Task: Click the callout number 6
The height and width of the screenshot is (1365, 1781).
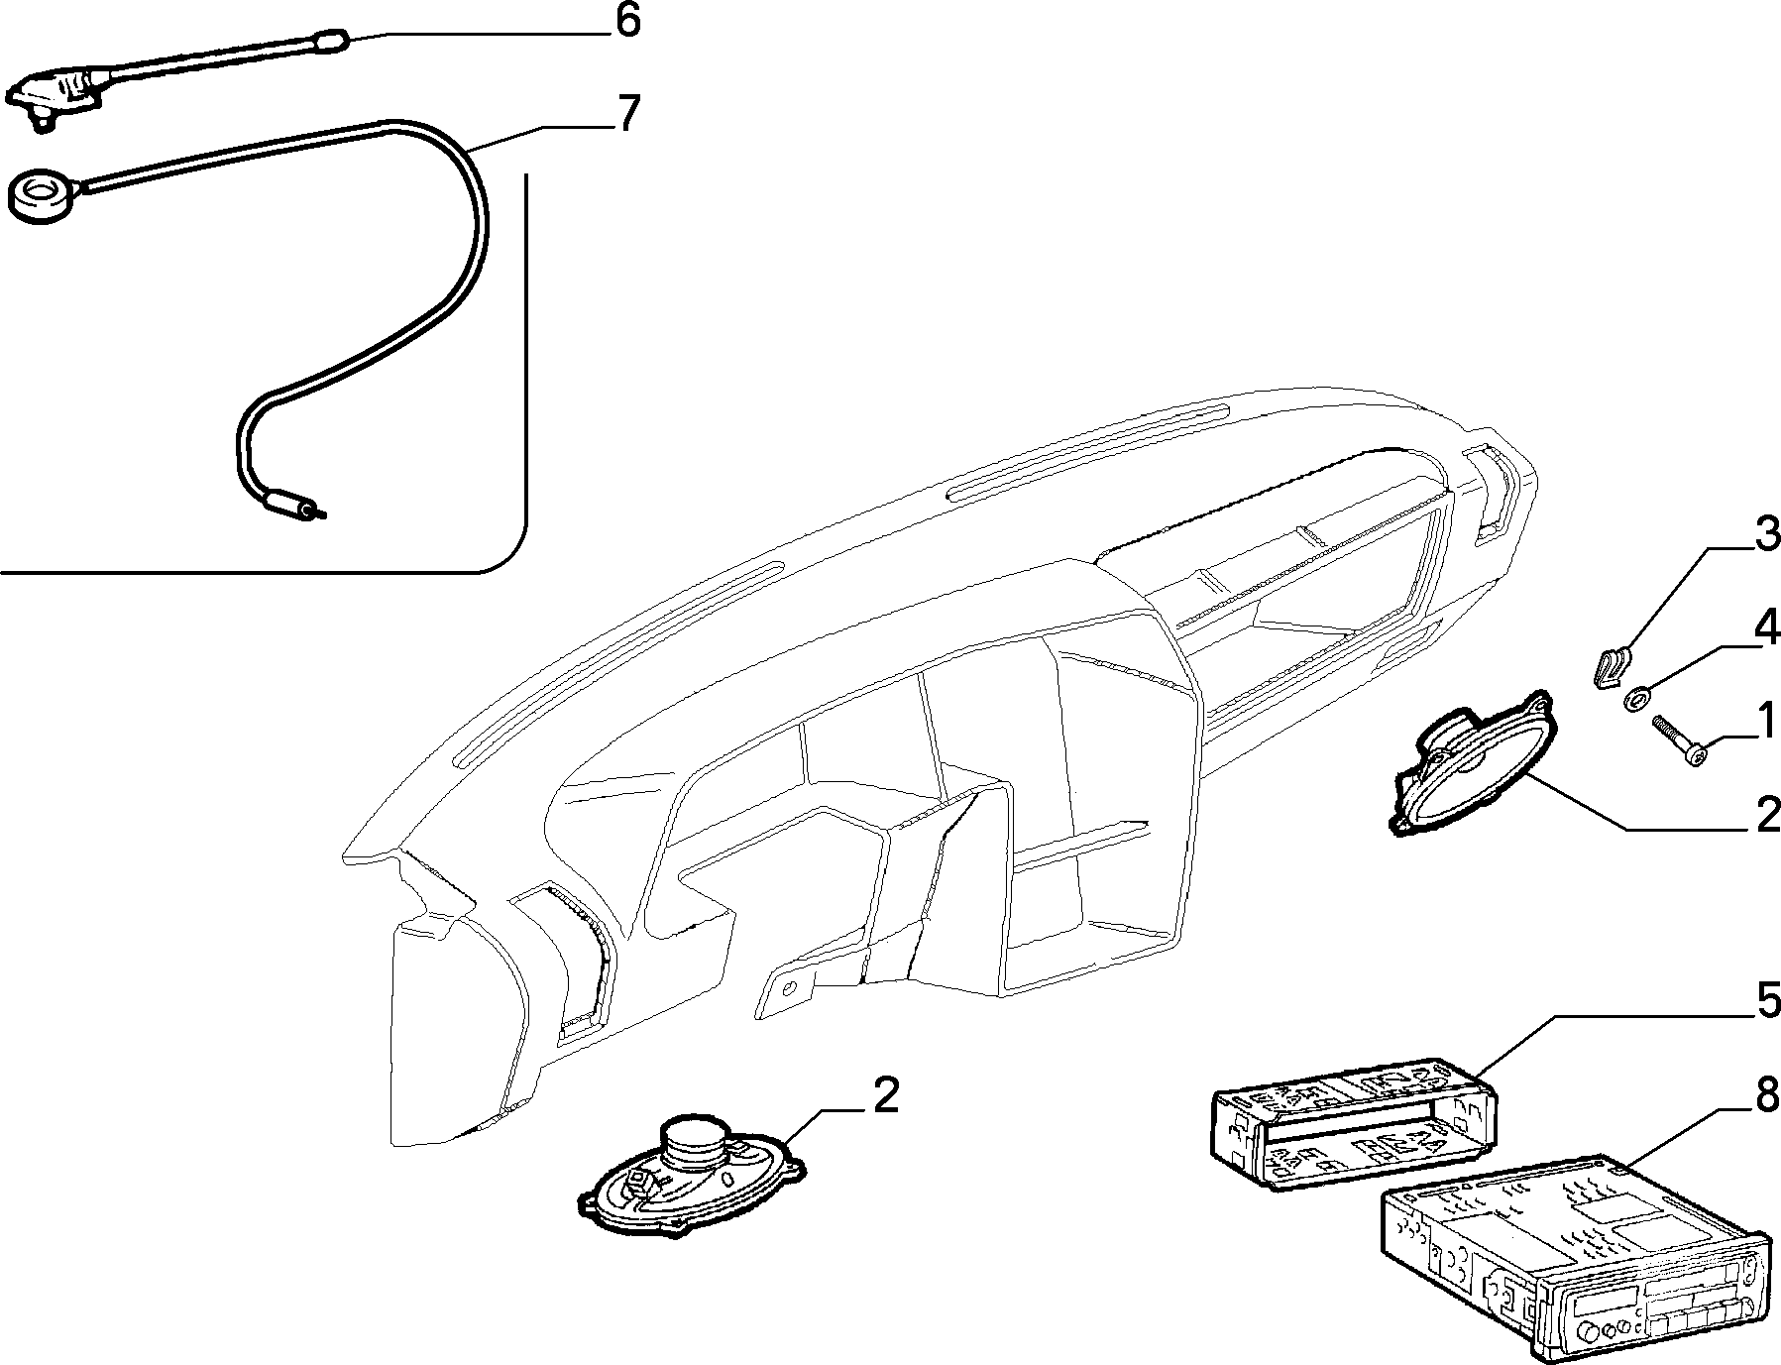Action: pos(628,22)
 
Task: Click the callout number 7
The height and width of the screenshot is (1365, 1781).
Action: pos(628,115)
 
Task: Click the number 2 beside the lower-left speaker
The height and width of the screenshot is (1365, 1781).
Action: pos(885,1095)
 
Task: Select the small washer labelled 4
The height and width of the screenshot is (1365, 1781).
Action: pos(1635,701)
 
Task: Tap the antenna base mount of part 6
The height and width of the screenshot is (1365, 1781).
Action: pos(57,96)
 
